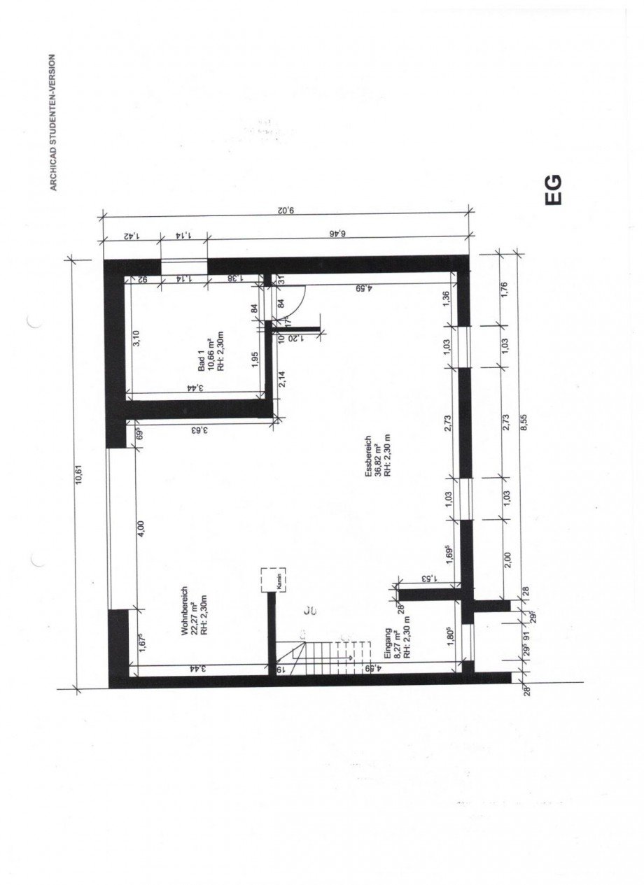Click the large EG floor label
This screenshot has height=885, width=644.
pyautogui.click(x=554, y=190)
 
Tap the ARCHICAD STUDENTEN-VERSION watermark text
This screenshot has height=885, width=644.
pyautogui.click(x=52, y=123)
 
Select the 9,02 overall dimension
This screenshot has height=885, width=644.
pyautogui.click(x=283, y=208)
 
